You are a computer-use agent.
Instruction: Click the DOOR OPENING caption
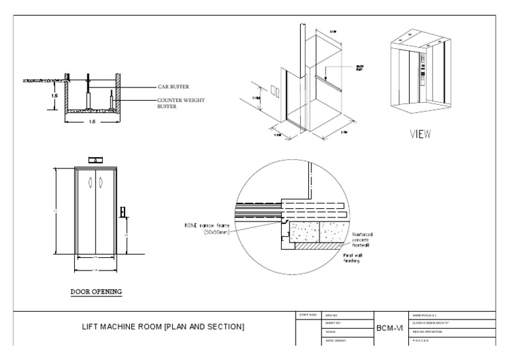click(96, 291)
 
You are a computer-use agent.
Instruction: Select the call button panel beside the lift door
click(123, 212)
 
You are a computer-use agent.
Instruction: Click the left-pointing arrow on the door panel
click(91, 182)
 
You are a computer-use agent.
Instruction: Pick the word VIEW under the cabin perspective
click(420, 134)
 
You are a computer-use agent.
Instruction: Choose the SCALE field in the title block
click(332, 331)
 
